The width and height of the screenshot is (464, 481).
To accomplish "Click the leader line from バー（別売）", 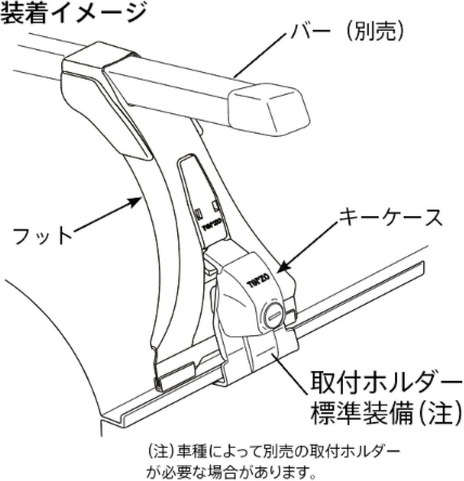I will point(263,54).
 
